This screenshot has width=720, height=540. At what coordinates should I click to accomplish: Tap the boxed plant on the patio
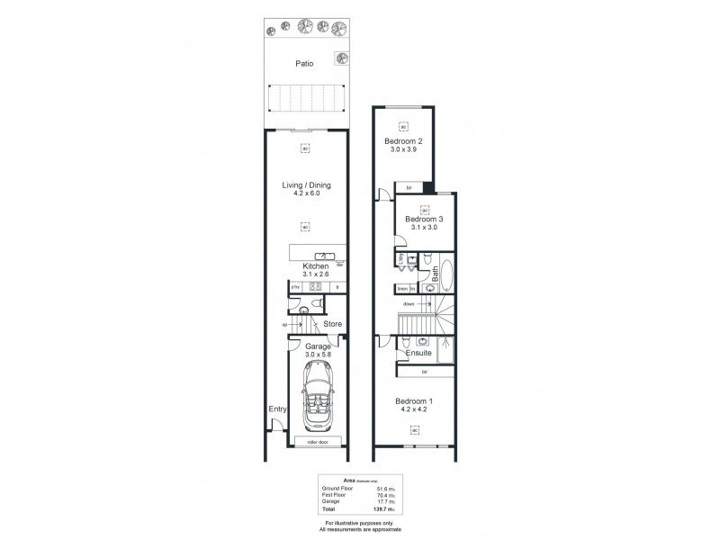pyautogui.click(x=341, y=59)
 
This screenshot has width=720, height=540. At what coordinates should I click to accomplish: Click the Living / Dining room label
pyautogui.click(x=305, y=185)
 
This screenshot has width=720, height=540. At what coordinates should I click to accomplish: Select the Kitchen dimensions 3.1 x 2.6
pyautogui.click(x=314, y=275)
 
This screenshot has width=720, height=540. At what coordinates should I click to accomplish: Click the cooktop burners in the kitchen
pyautogui.click(x=315, y=287)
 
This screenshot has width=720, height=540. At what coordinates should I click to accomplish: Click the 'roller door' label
pyautogui.click(x=318, y=443)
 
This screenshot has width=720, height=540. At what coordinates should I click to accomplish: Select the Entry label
pyautogui.click(x=276, y=409)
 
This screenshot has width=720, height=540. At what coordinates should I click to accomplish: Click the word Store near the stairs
pyautogui.click(x=332, y=323)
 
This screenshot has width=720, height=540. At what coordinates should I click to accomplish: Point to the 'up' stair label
pyautogui.click(x=284, y=323)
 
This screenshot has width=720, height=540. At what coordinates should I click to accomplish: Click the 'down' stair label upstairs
pyautogui.click(x=409, y=304)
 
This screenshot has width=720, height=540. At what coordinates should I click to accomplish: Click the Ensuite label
pyautogui.click(x=418, y=354)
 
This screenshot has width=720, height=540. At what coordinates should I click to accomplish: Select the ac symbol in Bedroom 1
pyautogui.click(x=415, y=429)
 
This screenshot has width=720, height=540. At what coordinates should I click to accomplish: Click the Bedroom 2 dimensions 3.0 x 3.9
pyautogui.click(x=404, y=150)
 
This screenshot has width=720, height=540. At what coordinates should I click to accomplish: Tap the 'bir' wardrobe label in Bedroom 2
pyautogui.click(x=409, y=187)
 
